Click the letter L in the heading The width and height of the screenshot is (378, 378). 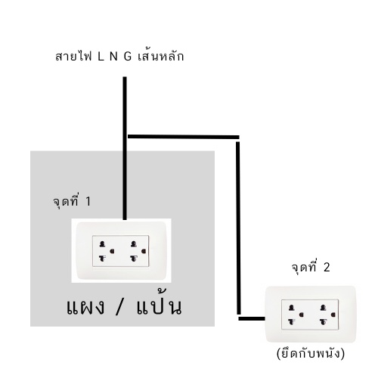click(101, 57)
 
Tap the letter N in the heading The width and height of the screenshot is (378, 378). click(114, 57)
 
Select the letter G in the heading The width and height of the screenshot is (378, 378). click(128, 57)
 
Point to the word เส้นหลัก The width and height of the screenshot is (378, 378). click(161, 56)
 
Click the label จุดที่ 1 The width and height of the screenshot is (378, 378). click(72, 201)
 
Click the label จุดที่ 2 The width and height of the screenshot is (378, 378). click(311, 267)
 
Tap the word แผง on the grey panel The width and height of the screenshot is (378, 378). click(85, 307)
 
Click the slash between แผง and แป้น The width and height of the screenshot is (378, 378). click(119, 307)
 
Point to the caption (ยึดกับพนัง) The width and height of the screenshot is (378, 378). click(310, 353)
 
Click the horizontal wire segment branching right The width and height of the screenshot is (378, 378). click(184, 137)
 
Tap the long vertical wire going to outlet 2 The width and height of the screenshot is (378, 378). click(238, 228)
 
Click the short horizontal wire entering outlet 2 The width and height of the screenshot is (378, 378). click(252, 319)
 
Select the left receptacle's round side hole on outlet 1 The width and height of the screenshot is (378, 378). click(112, 251)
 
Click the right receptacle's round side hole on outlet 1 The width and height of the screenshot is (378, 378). click(144, 251)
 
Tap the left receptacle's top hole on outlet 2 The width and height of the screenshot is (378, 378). click(292, 308)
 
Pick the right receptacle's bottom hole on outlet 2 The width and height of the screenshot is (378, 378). click(324, 321)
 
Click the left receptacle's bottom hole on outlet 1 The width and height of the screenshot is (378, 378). click(102, 258)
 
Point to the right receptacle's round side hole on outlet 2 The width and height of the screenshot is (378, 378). click(333, 314)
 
